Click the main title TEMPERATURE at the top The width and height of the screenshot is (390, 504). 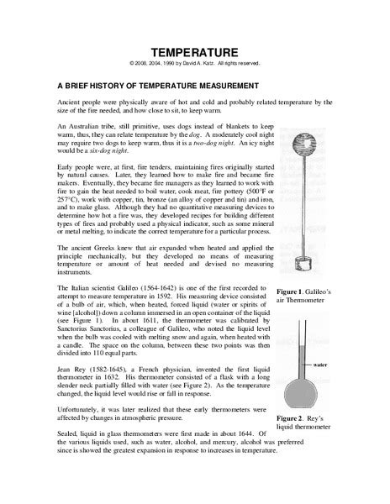click(x=194, y=52)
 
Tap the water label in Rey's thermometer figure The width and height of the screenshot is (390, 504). click(x=319, y=365)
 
